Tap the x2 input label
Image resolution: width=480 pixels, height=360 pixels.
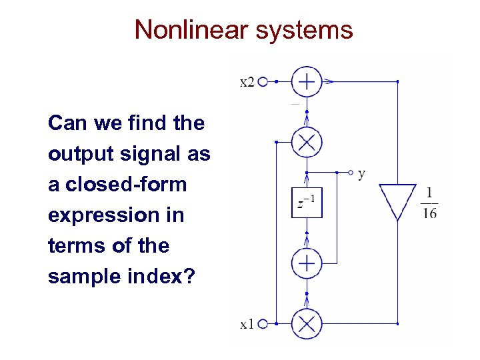247,82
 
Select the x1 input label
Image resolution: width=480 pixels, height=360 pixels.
247,325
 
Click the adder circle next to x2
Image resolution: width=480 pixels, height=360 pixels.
307,82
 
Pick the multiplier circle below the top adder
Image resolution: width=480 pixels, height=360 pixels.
307,142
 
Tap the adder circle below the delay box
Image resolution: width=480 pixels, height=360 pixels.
307,263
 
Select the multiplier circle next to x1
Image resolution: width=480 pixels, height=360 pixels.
307,325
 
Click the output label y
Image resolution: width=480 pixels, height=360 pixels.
361,174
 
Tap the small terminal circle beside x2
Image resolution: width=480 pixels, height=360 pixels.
263,82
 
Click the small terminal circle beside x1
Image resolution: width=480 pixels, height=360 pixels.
263,325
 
